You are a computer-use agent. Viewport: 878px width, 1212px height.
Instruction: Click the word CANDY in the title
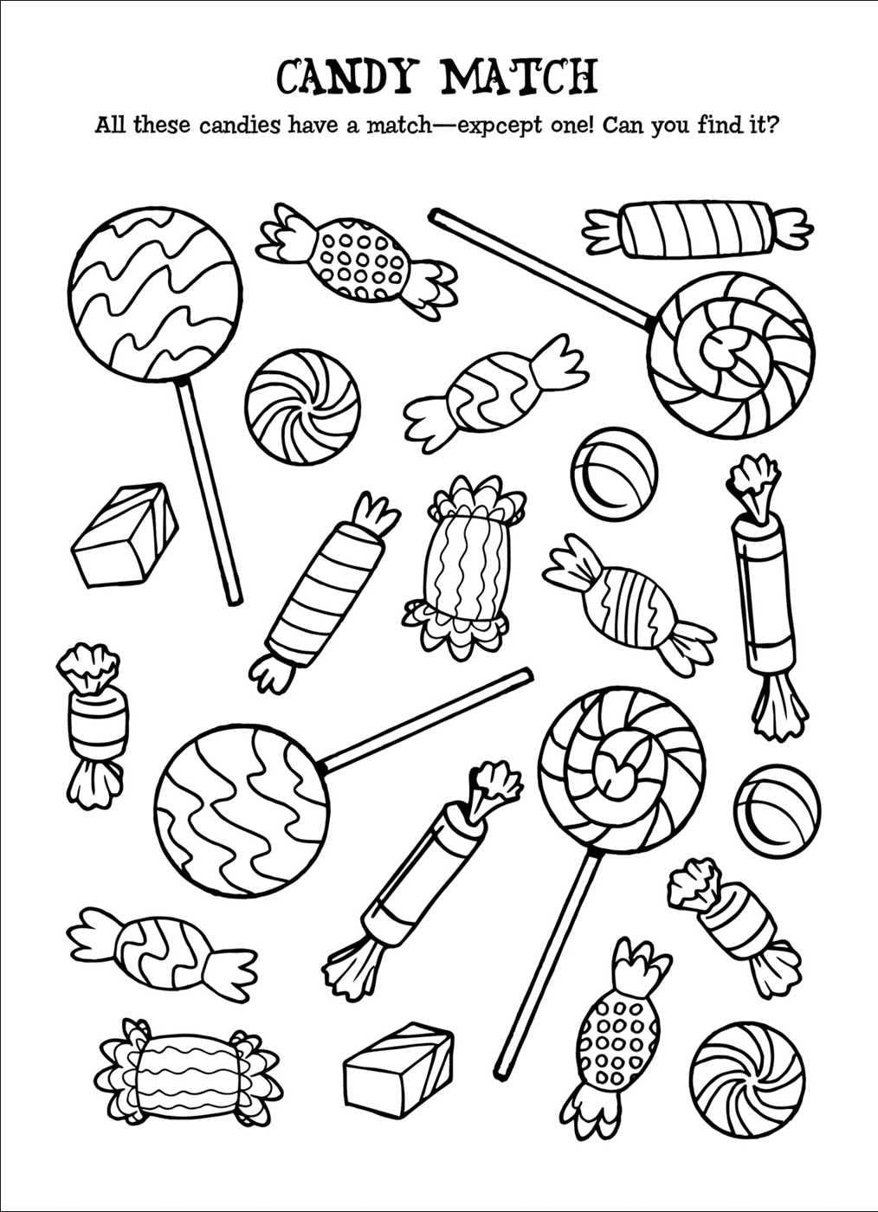click(x=347, y=76)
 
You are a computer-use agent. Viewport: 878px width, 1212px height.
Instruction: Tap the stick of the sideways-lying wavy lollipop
click(x=428, y=719)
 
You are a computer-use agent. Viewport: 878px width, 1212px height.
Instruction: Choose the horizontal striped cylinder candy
click(x=698, y=229)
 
